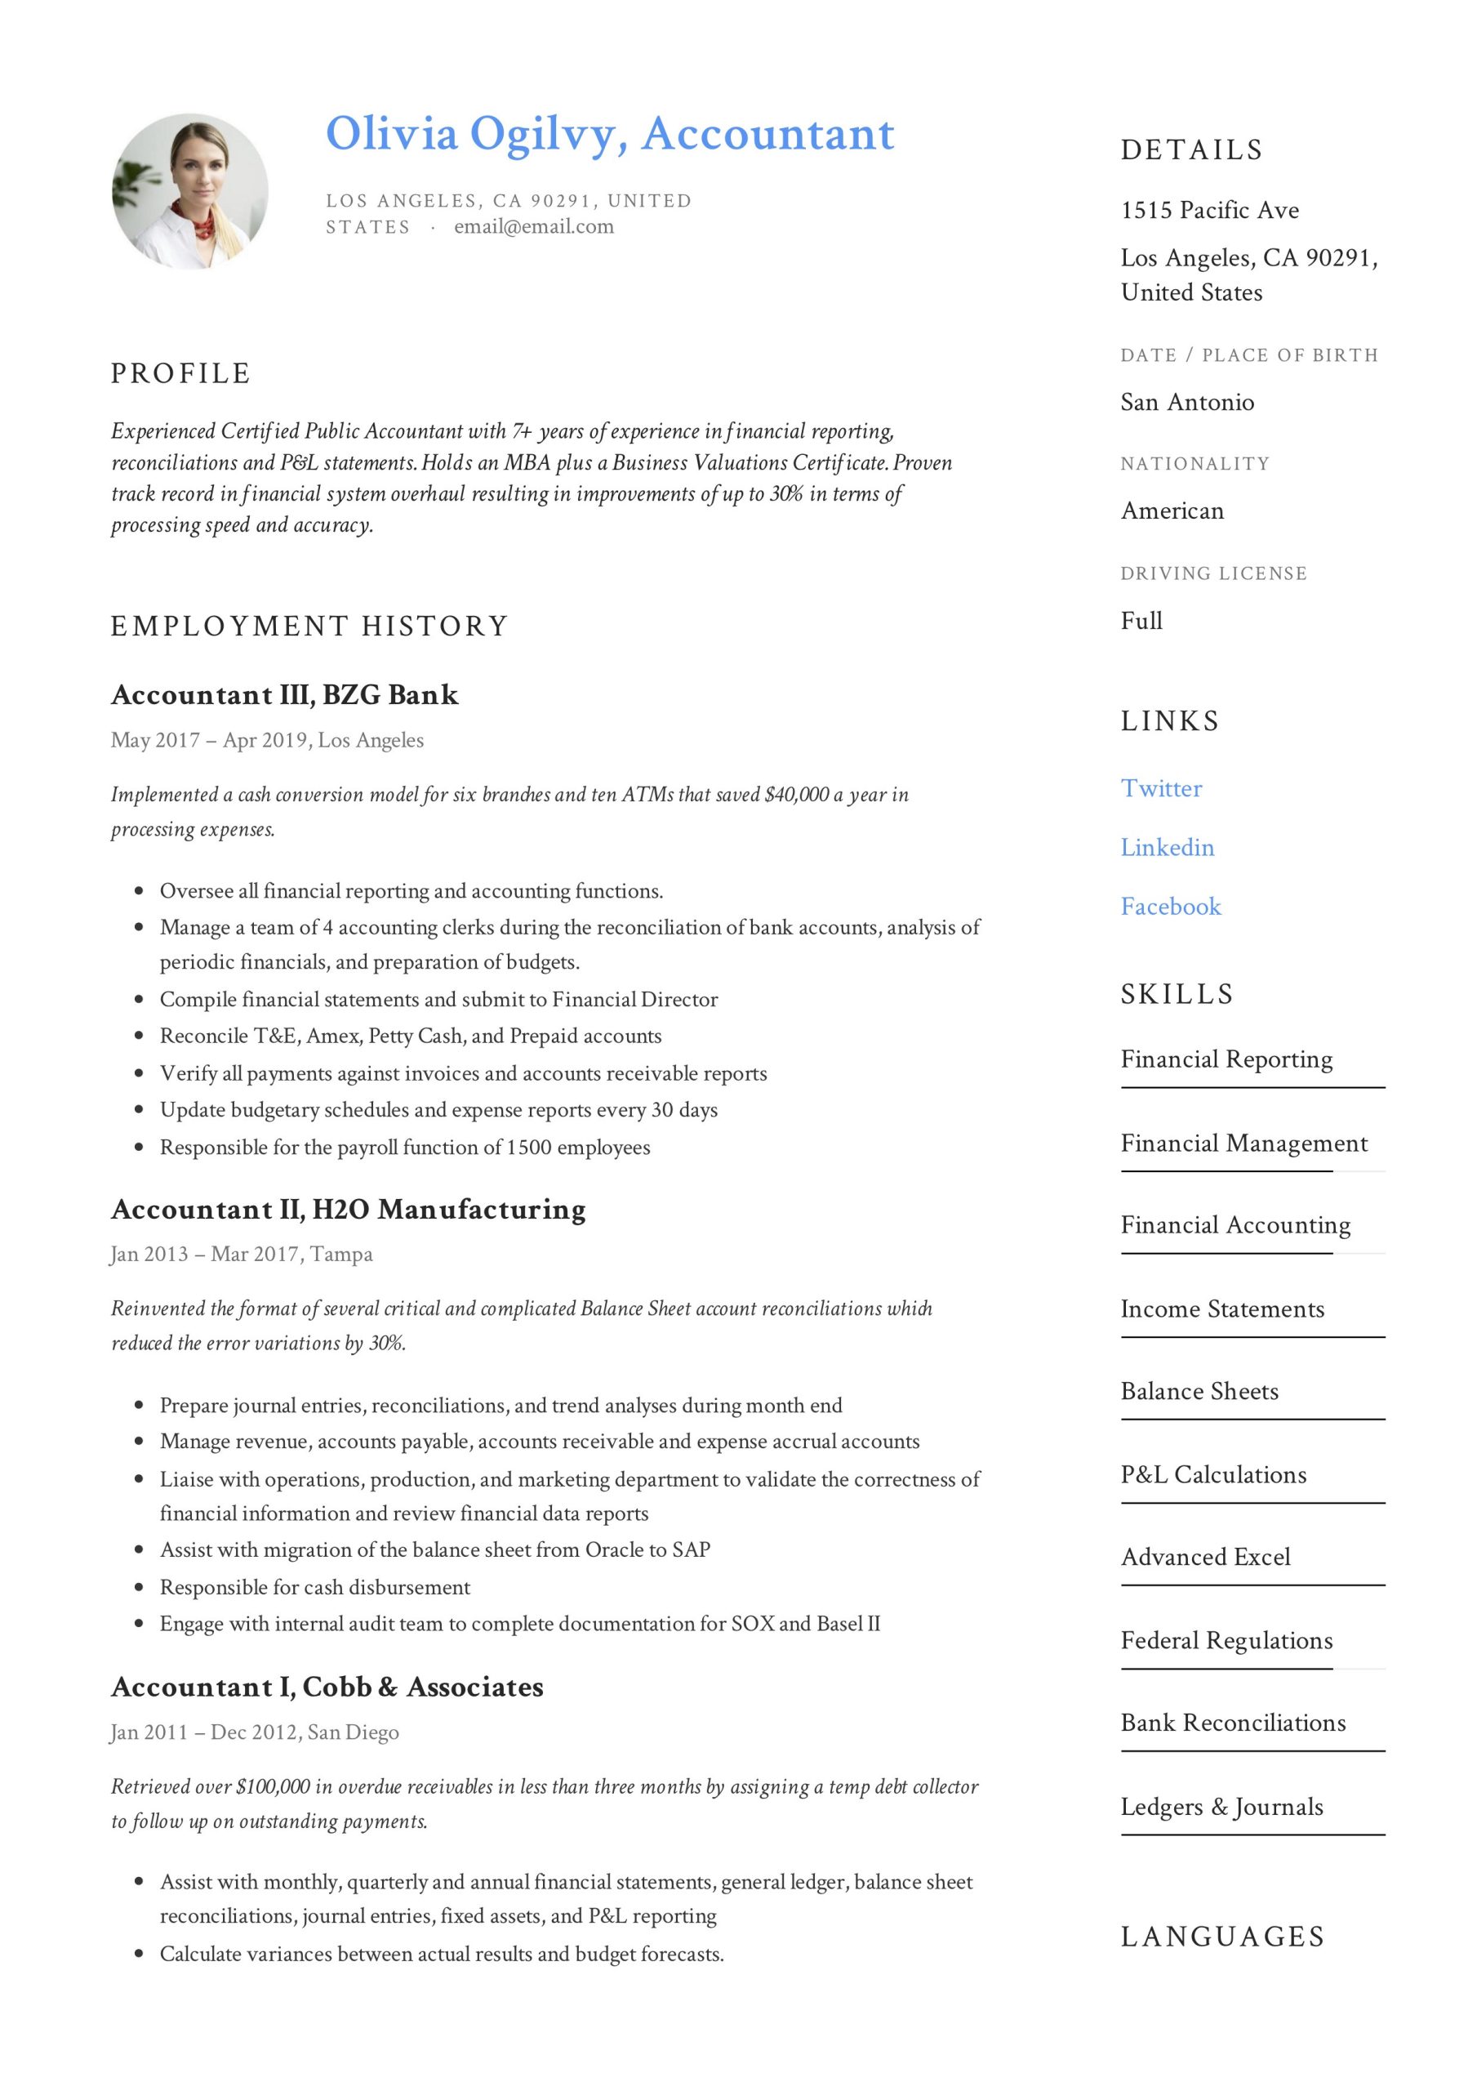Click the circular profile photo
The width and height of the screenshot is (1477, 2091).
click(189, 191)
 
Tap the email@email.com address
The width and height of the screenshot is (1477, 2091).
click(534, 227)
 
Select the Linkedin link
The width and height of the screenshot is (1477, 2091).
click(1167, 847)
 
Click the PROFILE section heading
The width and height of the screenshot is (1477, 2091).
click(180, 373)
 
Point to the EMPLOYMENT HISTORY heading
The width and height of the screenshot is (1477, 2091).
click(309, 626)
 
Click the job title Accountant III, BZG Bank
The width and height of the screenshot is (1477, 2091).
click(284, 695)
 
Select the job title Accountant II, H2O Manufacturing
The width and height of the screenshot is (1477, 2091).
click(348, 1210)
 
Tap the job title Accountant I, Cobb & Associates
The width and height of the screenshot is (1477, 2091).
click(327, 1687)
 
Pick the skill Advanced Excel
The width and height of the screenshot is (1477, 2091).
click(1205, 1557)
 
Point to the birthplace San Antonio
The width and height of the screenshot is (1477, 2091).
click(1186, 402)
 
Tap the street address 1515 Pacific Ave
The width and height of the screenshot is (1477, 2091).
click(1209, 211)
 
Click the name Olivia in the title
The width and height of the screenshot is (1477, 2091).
click(392, 134)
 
